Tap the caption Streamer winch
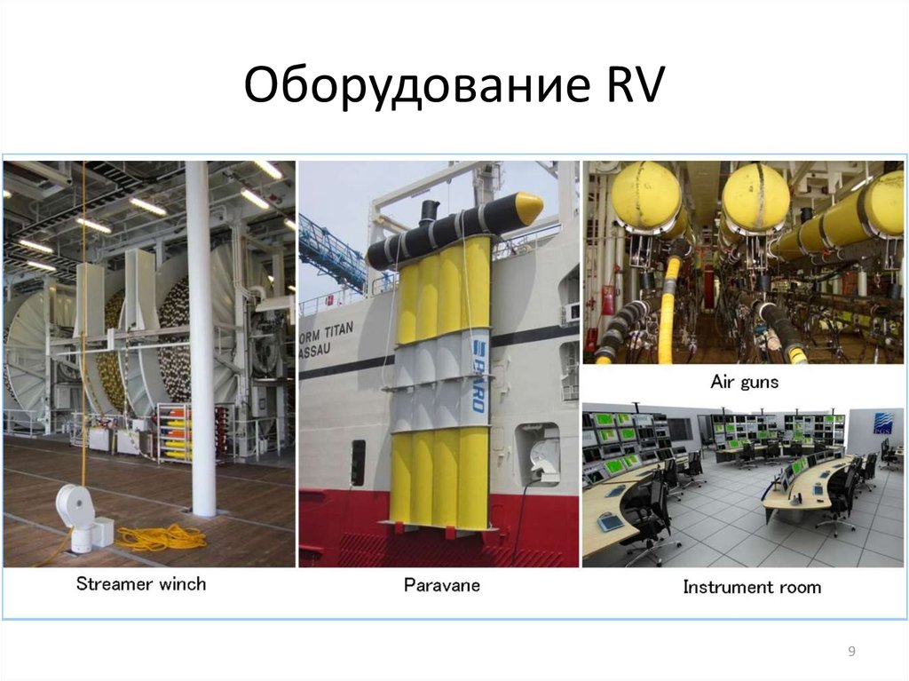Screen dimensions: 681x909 pyautogui.click(x=140, y=584)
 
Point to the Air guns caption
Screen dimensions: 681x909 pyautogui.click(x=744, y=382)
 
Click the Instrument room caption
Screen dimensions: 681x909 pyautogui.click(x=752, y=587)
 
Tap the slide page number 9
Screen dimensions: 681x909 pyautogui.click(x=851, y=653)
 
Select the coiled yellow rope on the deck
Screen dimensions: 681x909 pyautogui.click(x=160, y=536)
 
